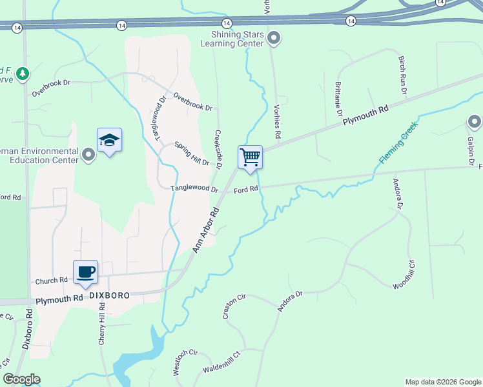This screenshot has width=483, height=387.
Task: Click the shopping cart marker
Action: click(250, 157)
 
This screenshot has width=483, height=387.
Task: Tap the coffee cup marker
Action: click(85, 272)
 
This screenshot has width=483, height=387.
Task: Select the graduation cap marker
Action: click(110, 141)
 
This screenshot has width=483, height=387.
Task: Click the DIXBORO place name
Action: click(109, 295)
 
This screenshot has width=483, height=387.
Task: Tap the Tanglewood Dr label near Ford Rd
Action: click(194, 189)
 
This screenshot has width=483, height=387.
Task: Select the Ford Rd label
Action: click(246, 190)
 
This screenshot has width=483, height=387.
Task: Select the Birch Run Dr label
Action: click(402, 76)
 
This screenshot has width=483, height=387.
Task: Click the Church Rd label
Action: click(52, 281)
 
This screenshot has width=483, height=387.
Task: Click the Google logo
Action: click(21, 379)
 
